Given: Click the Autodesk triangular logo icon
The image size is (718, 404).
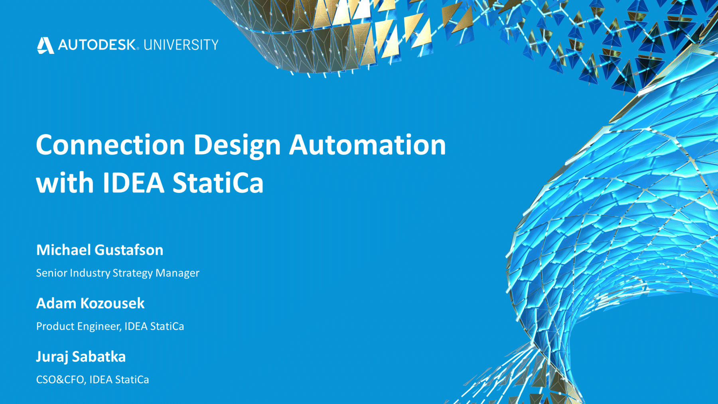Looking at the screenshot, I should click(45, 45).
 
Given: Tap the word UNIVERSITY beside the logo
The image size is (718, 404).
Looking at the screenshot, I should click(181, 45).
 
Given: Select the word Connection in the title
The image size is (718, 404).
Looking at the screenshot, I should click(110, 144).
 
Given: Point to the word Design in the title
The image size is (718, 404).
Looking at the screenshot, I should click(237, 145).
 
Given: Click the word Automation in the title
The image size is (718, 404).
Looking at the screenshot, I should click(367, 144).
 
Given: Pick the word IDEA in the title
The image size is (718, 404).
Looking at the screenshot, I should click(134, 183).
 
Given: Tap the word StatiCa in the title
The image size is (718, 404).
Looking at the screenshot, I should click(218, 183).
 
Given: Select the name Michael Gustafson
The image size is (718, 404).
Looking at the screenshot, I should click(100, 250).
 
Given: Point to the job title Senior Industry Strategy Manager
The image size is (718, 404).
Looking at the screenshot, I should click(118, 273).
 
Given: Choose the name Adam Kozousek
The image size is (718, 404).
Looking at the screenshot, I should click(90, 303).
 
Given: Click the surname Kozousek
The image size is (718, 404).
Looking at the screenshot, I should click(112, 303).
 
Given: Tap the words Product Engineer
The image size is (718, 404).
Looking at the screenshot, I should click(79, 326).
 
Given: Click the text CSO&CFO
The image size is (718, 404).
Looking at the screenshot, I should click(60, 380).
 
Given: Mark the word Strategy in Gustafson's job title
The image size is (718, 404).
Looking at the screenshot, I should click(132, 273).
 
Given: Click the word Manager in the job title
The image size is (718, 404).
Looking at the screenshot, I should click(177, 273).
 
